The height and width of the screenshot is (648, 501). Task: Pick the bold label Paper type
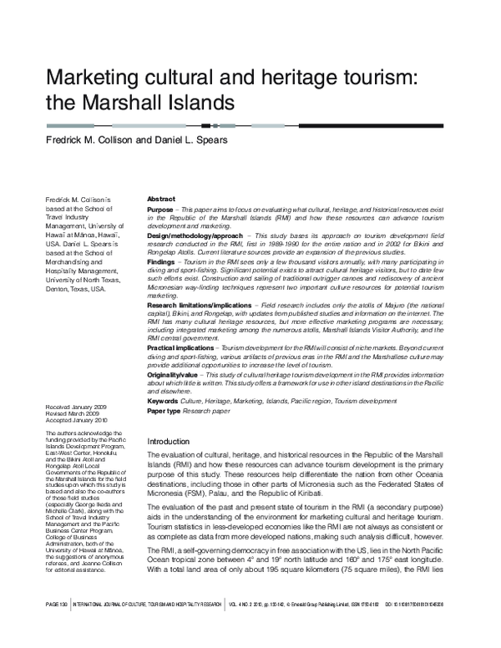pos(164,410)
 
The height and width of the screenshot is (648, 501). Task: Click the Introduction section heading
pos(170,440)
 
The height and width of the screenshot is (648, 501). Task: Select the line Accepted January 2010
pos(76,419)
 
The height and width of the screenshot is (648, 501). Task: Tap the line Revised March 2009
pos(72,412)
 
